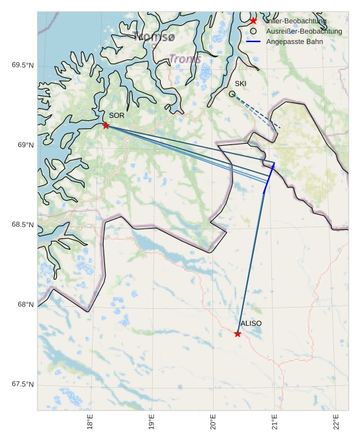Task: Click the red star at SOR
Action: pyautogui.click(x=106, y=125)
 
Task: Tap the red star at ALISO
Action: pyautogui.click(x=238, y=334)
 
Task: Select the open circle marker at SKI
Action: pyautogui.click(x=232, y=94)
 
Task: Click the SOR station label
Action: pyautogui.click(x=117, y=115)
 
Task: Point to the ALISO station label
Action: pyautogui.click(x=251, y=323)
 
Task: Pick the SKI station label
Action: pyautogui.click(x=240, y=84)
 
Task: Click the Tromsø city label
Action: pyautogui.click(x=153, y=37)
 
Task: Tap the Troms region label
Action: pyautogui.click(x=185, y=59)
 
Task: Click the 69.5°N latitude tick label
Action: pyautogui.click(x=22, y=65)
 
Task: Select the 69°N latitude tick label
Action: pyautogui.click(x=25, y=145)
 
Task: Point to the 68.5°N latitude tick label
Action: pyautogui.click(x=22, y=225)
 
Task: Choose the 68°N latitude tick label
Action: pyautogui.click(x=25, y=305)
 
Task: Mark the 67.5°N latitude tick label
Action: pyautogui.click(x=22, y=385)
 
